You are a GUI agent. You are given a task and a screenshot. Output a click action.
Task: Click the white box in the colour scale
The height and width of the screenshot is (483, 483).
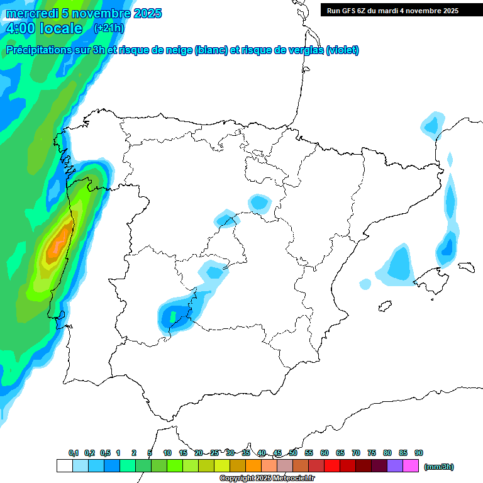point(64,466)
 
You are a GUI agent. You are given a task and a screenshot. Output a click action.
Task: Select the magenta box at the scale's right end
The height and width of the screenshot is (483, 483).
point(411,466)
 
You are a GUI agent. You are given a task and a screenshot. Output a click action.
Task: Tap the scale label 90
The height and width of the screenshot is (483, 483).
point(419,453)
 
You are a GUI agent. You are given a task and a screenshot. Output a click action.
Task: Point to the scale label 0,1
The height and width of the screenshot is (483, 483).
point(74,453)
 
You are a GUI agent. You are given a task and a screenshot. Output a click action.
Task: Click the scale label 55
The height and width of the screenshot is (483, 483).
point(309,453)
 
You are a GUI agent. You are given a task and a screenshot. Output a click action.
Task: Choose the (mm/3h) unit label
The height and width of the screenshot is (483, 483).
point(438,467)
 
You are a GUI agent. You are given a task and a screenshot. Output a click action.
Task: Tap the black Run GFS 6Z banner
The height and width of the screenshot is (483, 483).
point(401,10)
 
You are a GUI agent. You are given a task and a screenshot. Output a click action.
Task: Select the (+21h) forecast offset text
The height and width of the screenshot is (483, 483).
point(109,28)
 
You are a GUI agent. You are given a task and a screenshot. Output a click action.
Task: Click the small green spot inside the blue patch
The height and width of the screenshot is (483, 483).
point(173,314)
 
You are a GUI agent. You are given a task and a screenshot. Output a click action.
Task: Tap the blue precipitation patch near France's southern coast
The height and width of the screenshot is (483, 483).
point(431,125)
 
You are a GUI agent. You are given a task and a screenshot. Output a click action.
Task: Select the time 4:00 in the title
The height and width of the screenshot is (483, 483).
point(20,28)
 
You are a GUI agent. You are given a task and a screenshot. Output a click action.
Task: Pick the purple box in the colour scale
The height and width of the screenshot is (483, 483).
point(395,466)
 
